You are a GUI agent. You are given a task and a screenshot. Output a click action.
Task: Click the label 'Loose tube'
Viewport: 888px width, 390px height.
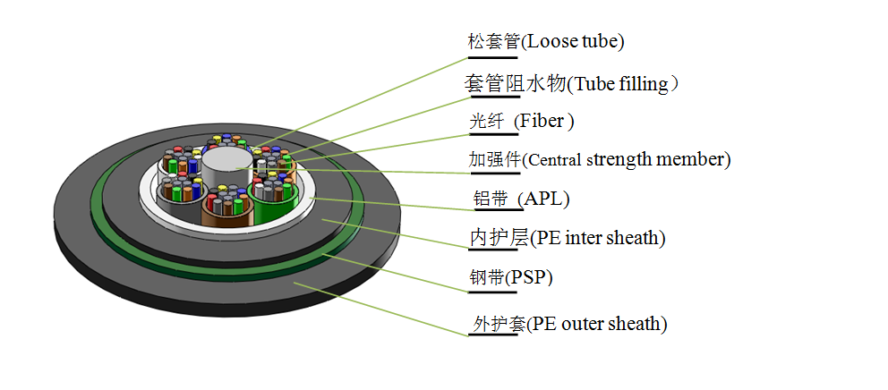pos(573,41)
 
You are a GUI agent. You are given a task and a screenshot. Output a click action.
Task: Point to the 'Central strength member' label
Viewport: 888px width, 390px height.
pos(627,160)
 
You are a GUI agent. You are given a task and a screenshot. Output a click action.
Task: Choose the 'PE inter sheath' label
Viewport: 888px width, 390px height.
pos(598,238)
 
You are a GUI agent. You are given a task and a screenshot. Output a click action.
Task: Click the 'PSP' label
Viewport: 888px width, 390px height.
pos(530,277)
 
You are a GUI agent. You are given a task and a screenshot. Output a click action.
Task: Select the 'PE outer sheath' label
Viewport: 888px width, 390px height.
pos(598,323)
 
